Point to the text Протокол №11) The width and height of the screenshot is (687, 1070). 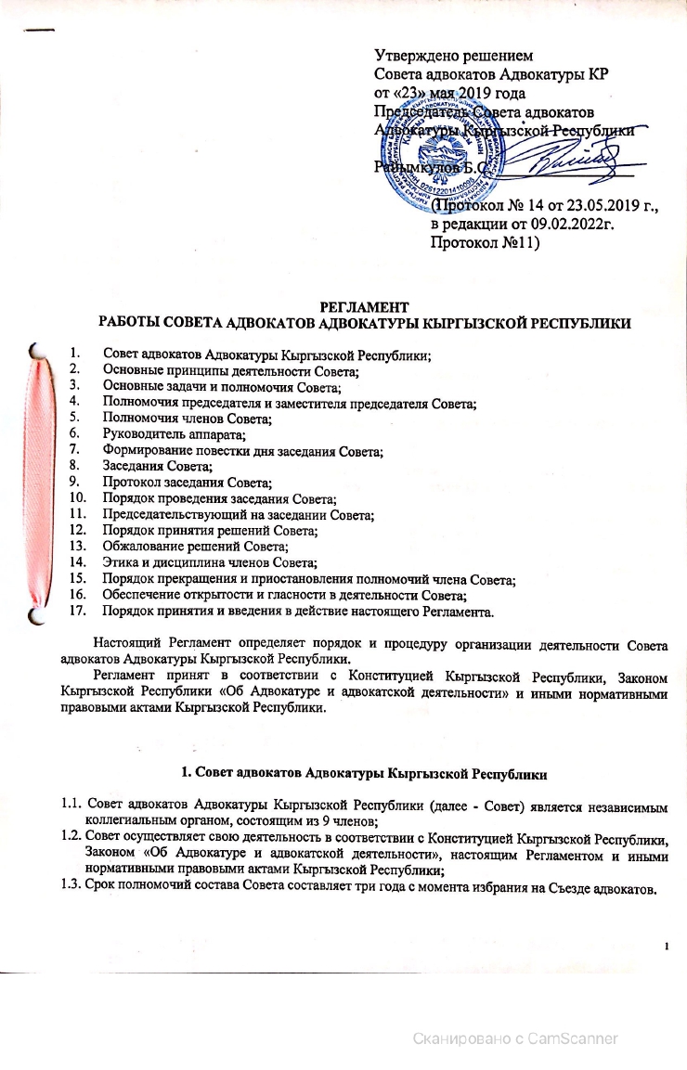click(x=487, y=244)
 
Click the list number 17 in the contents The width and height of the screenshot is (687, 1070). click(x=78, y=611)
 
